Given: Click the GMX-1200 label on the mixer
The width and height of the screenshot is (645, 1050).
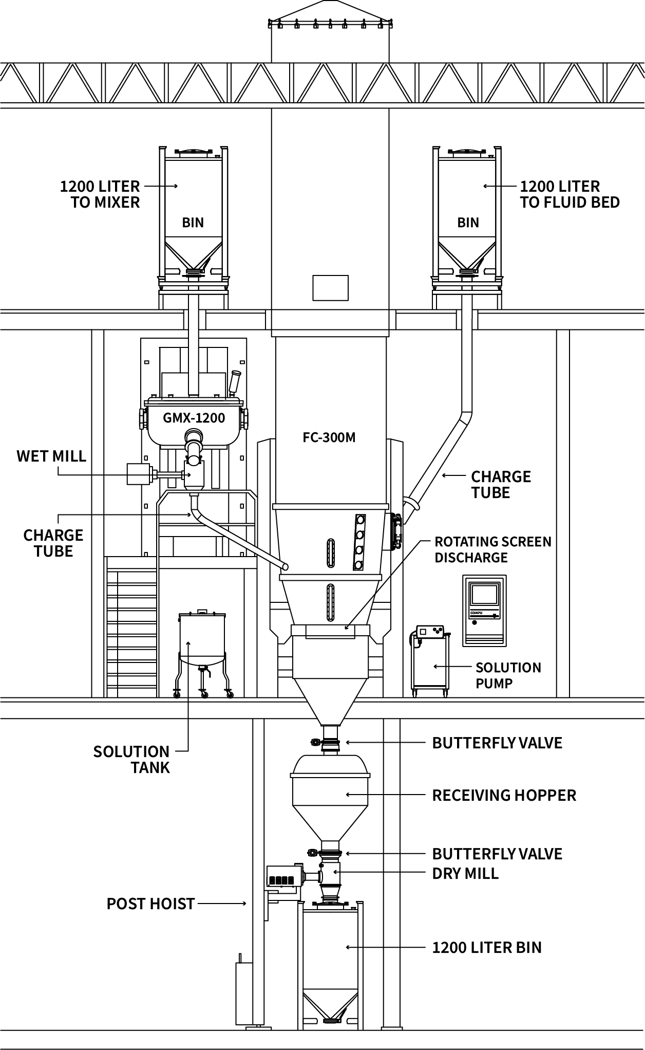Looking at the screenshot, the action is click(194, 418).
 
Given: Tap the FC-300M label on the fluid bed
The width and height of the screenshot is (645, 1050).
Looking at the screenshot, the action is click(329, 438).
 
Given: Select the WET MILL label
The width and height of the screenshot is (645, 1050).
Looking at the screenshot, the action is click(51, 456).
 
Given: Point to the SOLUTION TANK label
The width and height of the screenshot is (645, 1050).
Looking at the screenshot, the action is click(131, 760).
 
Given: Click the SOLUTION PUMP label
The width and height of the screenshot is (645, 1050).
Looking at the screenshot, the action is click(508, 675).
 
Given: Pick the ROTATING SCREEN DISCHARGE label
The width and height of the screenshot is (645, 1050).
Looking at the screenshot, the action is click(493, 549).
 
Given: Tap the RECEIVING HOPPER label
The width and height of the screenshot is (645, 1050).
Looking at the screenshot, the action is click(504, 796).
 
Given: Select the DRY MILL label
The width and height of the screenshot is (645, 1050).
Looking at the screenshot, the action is click(465, 873).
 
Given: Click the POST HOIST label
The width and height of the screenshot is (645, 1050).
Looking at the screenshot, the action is click(150, 904).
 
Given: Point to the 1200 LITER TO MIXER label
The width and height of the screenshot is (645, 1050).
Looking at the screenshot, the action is click(100, 194).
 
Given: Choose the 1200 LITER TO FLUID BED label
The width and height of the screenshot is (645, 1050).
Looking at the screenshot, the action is click(570, 194).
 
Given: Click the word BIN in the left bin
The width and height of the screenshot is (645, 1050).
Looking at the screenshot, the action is click(193, 223).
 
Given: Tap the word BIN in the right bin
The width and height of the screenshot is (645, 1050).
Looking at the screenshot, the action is click(468, 223).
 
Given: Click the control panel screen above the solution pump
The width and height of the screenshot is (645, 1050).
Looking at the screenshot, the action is click(485, 595).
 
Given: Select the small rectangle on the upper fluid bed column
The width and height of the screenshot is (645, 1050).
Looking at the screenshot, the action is click(331, 288).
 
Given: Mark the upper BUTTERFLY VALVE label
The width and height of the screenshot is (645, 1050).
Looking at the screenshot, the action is click(497, 743).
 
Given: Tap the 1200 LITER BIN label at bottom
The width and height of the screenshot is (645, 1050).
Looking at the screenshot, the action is click(487, 947).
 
